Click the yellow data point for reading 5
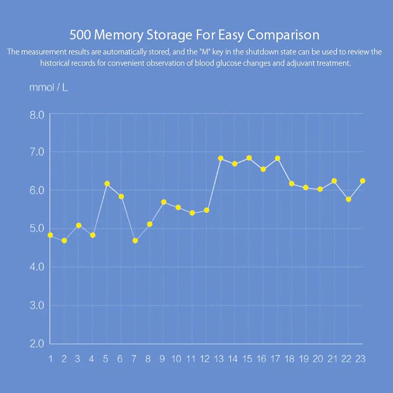point(107,184)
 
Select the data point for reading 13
point(221,158)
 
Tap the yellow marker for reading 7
point(135,241)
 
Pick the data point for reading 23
point(363,181)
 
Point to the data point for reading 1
point(50,235)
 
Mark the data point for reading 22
point(348,199)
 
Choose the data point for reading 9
point(164,202)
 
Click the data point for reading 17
point(278,158)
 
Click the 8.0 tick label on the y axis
point(37,114)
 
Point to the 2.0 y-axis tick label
point(37,343)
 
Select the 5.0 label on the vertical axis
point(37,229)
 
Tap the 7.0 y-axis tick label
point(37,152)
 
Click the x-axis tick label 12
point(205,359)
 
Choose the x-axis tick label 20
point(318,359)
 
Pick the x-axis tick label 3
point(78,359)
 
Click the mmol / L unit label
point(45,87)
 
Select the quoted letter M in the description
point(201,52)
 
